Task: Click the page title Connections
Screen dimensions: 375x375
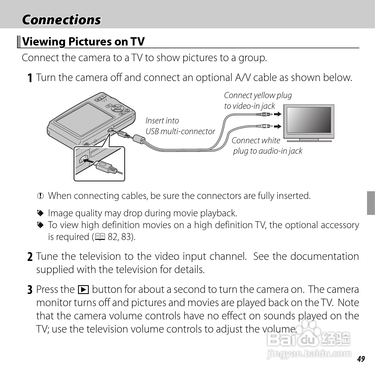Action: [x=61, y=20]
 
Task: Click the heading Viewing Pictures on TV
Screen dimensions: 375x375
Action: [x=83, y=42]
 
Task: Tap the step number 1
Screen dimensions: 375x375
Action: [x=30, y=78]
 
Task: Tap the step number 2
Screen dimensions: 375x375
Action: [x=30, y=257]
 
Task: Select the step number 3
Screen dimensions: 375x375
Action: [x=30, y=290]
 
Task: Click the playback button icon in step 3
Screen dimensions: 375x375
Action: [x=83, y=290]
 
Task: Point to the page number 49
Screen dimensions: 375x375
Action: [x=361, y=359]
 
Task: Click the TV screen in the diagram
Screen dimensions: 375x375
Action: [x=309, y=120]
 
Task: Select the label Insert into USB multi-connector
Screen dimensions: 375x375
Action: [x=180, y=126]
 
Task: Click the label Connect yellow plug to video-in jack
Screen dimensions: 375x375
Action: [x=258, y=101]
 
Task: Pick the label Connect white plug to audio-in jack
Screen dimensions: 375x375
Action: [x=267, y=145]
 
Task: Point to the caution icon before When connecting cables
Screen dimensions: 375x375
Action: [x=41, y=196]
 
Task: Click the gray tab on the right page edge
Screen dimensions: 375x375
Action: [x=371, y=203]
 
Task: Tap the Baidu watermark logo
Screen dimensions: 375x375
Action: [x=309, y=339]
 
